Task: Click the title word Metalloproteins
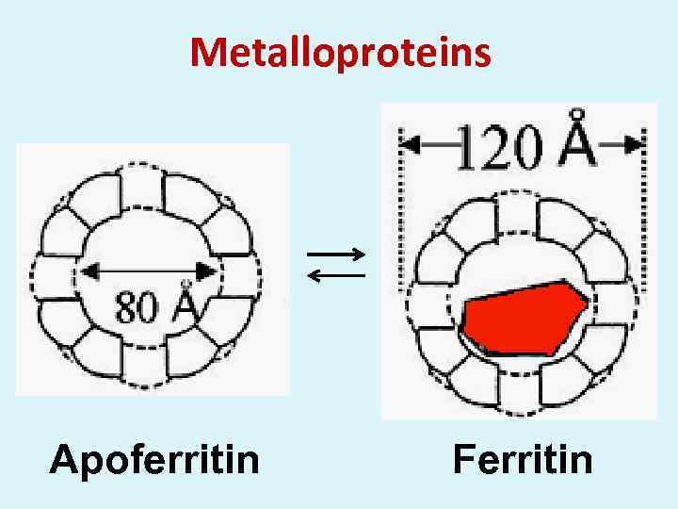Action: point(340,53)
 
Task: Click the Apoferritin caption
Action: point(154,460)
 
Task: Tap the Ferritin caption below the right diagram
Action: point(523,460)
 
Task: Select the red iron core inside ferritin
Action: point(524,317)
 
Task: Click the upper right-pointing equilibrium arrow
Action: point(336,254)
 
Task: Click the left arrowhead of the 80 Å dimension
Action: point(88,271)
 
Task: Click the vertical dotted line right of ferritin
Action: point(645,217)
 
